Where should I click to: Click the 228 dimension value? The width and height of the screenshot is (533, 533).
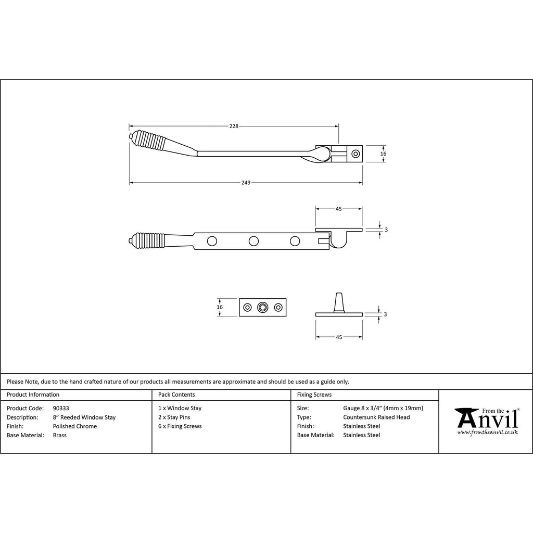click(234, 126)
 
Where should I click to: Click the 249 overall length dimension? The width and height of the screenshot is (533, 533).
click(246, 183)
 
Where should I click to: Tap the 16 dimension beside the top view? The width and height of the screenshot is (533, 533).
click(383, 154)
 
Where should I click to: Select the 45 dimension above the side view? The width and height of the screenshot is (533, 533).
click(338, 209)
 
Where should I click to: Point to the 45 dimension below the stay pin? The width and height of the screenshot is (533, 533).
click(339, 337)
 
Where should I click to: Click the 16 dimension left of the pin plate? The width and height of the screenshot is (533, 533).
click(220, 307)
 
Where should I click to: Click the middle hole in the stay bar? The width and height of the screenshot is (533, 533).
click(253, 242)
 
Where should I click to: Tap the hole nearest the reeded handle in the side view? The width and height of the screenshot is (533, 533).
click(212, 242)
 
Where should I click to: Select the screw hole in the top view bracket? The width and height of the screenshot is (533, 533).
click(356, 154)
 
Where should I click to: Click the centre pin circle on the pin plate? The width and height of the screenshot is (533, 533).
click(262, 308)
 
